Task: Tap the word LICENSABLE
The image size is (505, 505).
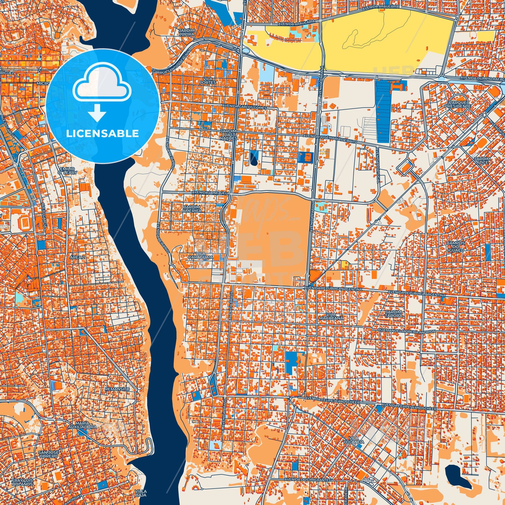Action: pyautogui.click(x=103, y=134)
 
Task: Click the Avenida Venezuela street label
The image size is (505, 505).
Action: pyautogui.click(x=210, y=192)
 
